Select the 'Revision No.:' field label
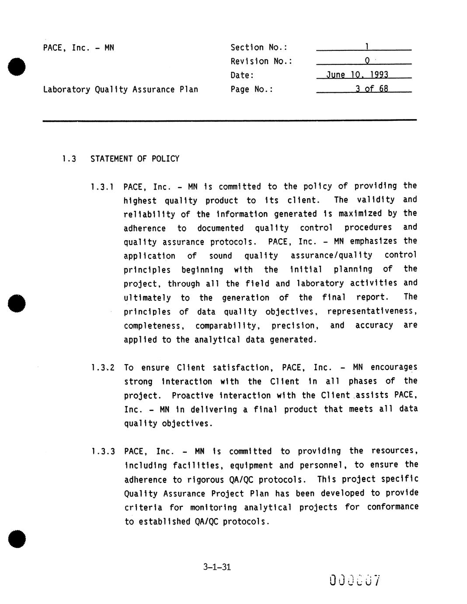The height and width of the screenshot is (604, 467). coord(261,61)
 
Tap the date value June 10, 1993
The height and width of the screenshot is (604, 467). coord(357,75)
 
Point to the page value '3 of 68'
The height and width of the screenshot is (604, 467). coord(371,89)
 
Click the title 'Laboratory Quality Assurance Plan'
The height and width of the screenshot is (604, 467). coord(120,89)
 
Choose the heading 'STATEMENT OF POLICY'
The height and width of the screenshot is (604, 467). coord(135,159)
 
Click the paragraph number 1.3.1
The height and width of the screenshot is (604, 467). coord(102,187)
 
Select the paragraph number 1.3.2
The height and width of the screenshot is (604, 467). coord(102,368)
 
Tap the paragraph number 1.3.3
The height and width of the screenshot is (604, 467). coord(102,451)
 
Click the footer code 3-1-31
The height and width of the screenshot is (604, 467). coord(217,567)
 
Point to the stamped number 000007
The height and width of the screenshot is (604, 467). coord(355,581)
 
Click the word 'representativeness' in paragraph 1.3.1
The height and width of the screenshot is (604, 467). coord(372,311)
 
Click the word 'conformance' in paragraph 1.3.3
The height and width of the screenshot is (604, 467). coord(392,507)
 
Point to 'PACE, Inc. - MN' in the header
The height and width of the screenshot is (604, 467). coord(78,48)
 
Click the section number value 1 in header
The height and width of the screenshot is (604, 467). coord(367,46)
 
